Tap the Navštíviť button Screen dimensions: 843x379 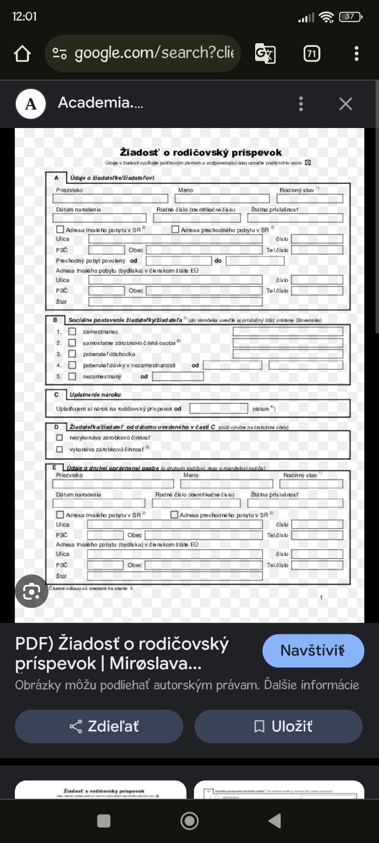[313, 651]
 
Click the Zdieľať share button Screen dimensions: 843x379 [99, 727]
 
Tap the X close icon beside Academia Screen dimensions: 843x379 [346, 104]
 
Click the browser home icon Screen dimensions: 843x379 [22, 53]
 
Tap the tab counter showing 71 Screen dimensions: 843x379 [312, 53]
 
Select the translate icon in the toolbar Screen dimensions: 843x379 [265, 53]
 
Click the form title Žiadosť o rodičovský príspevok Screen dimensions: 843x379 [201, 152]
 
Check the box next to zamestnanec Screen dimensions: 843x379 [72, 331]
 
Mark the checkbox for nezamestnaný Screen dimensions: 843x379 [72, 376]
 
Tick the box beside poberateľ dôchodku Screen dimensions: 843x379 [72, 354]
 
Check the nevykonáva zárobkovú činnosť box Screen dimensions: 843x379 [60, 438]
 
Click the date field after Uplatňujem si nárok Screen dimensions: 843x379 [218, 408]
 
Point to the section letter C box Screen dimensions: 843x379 [56, 395]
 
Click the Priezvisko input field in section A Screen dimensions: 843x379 [110, 199]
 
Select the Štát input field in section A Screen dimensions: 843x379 [175, 302]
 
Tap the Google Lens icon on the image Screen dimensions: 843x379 [32, 592]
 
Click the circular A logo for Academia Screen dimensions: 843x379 [31, 104]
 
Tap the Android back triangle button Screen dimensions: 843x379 [275, 820]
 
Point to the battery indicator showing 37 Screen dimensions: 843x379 [350, 17]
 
